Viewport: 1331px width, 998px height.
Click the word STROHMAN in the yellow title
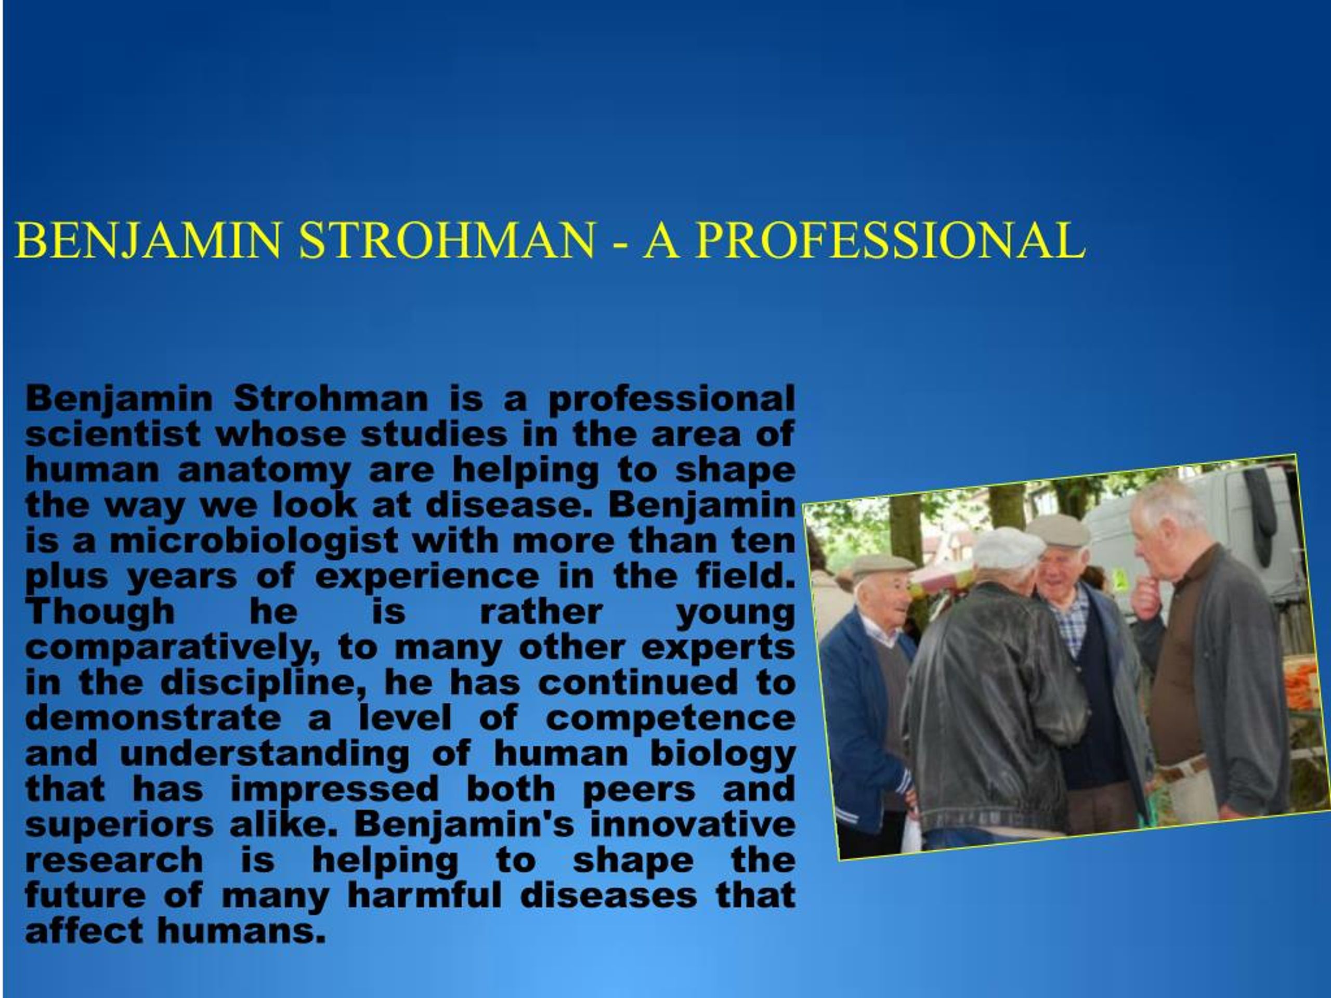[x=447, y=240]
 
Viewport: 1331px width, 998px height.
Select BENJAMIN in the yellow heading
[x=148, y=240]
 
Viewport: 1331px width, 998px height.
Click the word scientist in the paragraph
[x=112, y=435]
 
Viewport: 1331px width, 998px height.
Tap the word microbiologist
[x=253, y=541]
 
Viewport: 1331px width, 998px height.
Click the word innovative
[x=693, y=825]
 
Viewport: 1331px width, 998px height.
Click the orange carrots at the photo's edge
[x=1300, y=685]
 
